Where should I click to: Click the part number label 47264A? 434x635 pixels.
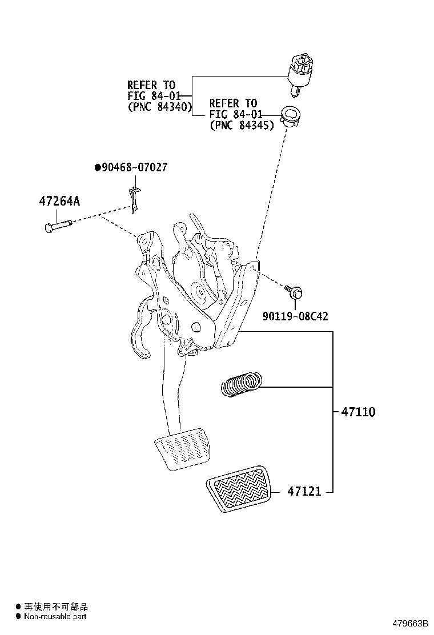[59, 202]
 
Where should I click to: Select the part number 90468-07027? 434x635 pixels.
[134, 167]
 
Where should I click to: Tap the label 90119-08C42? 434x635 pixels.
[295, 316]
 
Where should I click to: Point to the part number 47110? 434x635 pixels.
[358, 411]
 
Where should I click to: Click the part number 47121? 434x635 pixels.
[304, 491]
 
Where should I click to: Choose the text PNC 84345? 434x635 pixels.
[242, 125]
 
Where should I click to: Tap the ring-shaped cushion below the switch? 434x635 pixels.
[295, 116]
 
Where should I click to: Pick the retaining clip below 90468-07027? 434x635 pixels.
[134, 199]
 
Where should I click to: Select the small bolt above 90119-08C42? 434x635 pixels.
[295, 292]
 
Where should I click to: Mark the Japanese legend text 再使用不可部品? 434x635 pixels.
[55, 607]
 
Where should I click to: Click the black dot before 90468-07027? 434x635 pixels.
[98, 167]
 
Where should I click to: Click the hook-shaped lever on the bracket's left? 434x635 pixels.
[140, 332]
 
